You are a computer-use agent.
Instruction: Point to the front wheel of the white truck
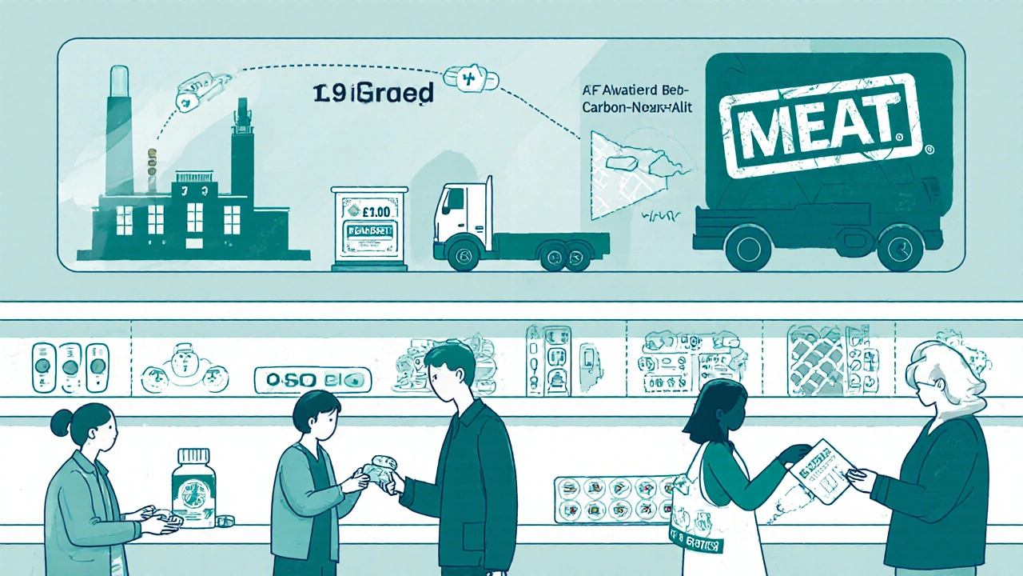click(464, 255)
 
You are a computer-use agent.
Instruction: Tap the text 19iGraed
click(372, 94)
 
